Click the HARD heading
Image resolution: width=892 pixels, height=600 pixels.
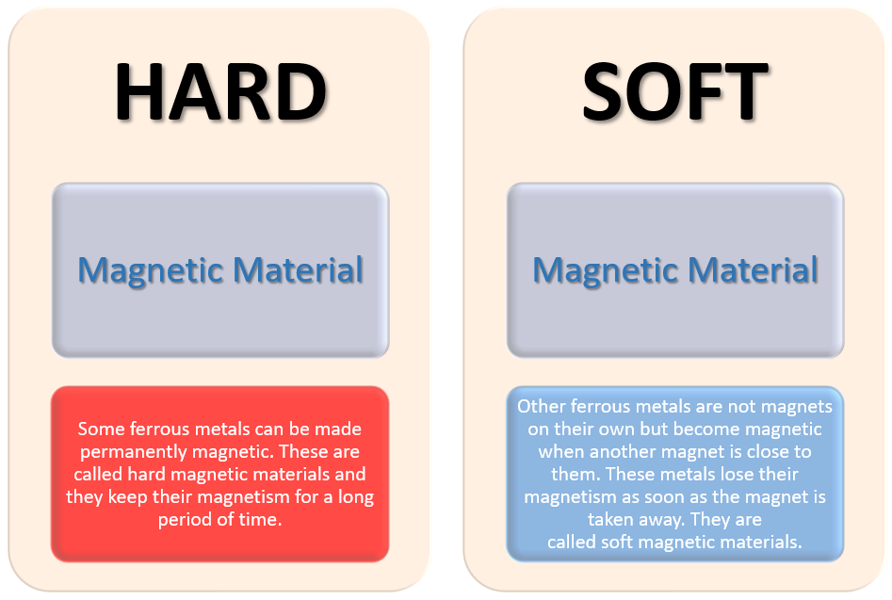(x=220, y=91)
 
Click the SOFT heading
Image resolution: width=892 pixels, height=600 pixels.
(x=675, y=91)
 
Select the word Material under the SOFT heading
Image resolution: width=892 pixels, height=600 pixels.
(x=753, y=269)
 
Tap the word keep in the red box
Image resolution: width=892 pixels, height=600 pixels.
(x=128, y=497)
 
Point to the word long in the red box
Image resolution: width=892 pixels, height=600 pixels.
(x=356, y=497)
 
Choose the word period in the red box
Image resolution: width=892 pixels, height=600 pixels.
(x=180, y=520)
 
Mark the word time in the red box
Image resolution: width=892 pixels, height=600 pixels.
(x=261, y=519)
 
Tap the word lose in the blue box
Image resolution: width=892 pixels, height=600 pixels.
(x=722, y=474)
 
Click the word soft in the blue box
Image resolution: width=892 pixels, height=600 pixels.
(x=617, y=542)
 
